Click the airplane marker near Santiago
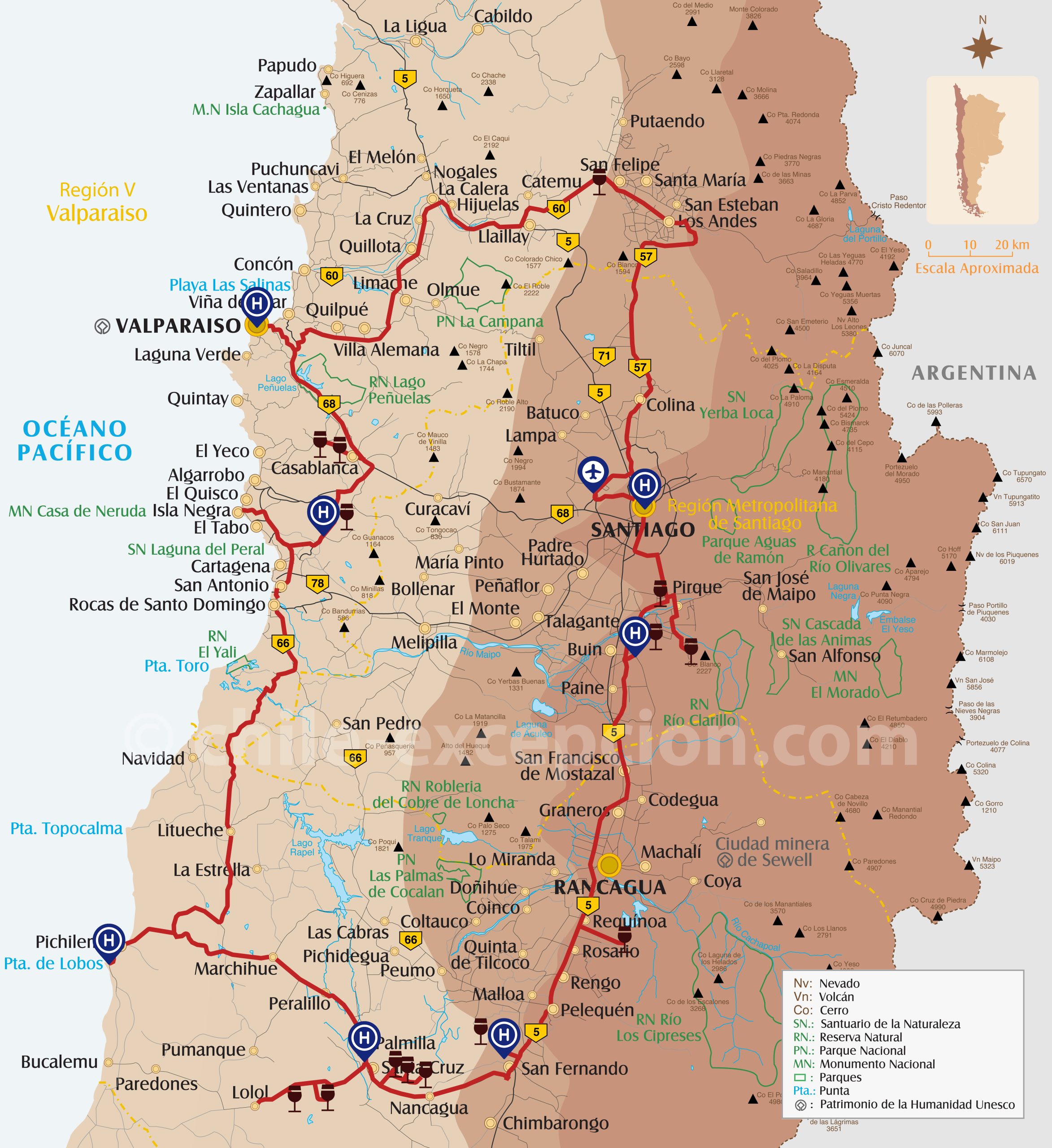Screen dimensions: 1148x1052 [593, 473]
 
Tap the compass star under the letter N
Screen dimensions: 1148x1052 [982, 48]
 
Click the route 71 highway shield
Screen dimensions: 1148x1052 [604, 357]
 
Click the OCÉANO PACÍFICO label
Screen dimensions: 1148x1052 [74, 441]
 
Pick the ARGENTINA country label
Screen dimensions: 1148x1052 [974, 373]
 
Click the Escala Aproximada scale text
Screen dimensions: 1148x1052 [976, 268]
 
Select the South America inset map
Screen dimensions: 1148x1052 [982, 150]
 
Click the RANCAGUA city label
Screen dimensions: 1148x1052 [609, 887]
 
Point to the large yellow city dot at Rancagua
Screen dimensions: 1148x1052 [609, 865]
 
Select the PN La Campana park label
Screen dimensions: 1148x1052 [489, 322]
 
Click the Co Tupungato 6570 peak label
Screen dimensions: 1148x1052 [1023, 476]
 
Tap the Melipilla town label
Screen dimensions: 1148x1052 [424, 642]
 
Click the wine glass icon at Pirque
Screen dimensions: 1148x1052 [660, 591]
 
